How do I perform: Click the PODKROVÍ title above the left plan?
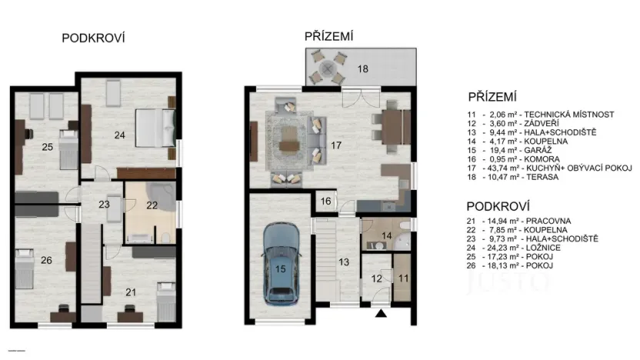click(93, 38)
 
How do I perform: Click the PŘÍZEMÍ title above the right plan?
click(328, 35)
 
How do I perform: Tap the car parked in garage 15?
click(278, 263)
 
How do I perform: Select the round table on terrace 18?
click(332, 68)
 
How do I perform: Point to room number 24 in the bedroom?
click(118, 135)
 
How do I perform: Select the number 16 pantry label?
click(325, 201)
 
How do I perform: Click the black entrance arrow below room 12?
click(379, 314)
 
